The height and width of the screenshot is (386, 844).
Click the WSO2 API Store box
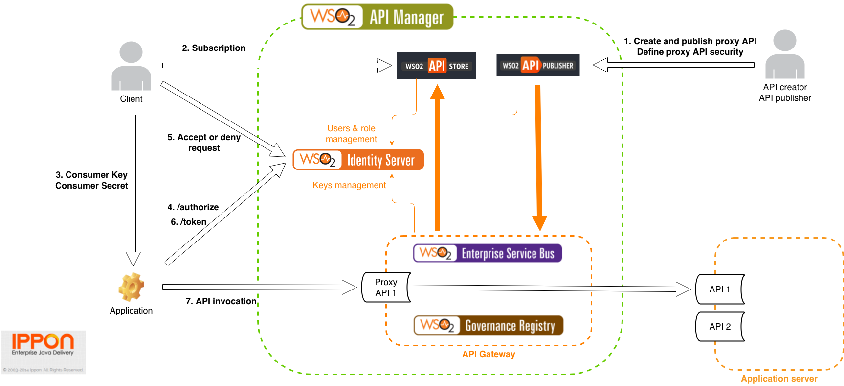[x=436, y=66]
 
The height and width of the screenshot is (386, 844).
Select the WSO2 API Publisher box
[x=538, y=65]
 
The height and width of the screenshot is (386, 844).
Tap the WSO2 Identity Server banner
[x=358, y=160]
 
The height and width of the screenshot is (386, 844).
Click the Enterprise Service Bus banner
[x=488, y=253]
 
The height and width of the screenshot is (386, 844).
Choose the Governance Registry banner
[x=489, y=325]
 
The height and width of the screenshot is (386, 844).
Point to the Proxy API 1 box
[x=386, y=288]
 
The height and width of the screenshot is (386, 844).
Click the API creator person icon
[x=785, y=54]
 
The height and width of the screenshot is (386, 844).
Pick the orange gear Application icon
[x=131, y=287]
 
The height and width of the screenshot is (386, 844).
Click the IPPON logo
[x=43, y=344]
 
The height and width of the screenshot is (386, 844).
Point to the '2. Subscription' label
[x=214, y=48]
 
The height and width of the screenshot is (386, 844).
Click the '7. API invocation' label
[x=221, y=301]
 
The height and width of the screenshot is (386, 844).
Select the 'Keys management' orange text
[x=349, y=185]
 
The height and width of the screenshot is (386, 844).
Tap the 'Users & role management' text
[x=351, y=134]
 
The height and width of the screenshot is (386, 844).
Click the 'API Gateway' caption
[x=489, y=354]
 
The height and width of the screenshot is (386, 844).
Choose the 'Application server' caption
[x=779, y=379]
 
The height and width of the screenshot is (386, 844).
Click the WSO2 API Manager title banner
[x=378, y=17]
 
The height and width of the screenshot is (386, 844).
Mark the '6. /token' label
[x=189, y=222]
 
